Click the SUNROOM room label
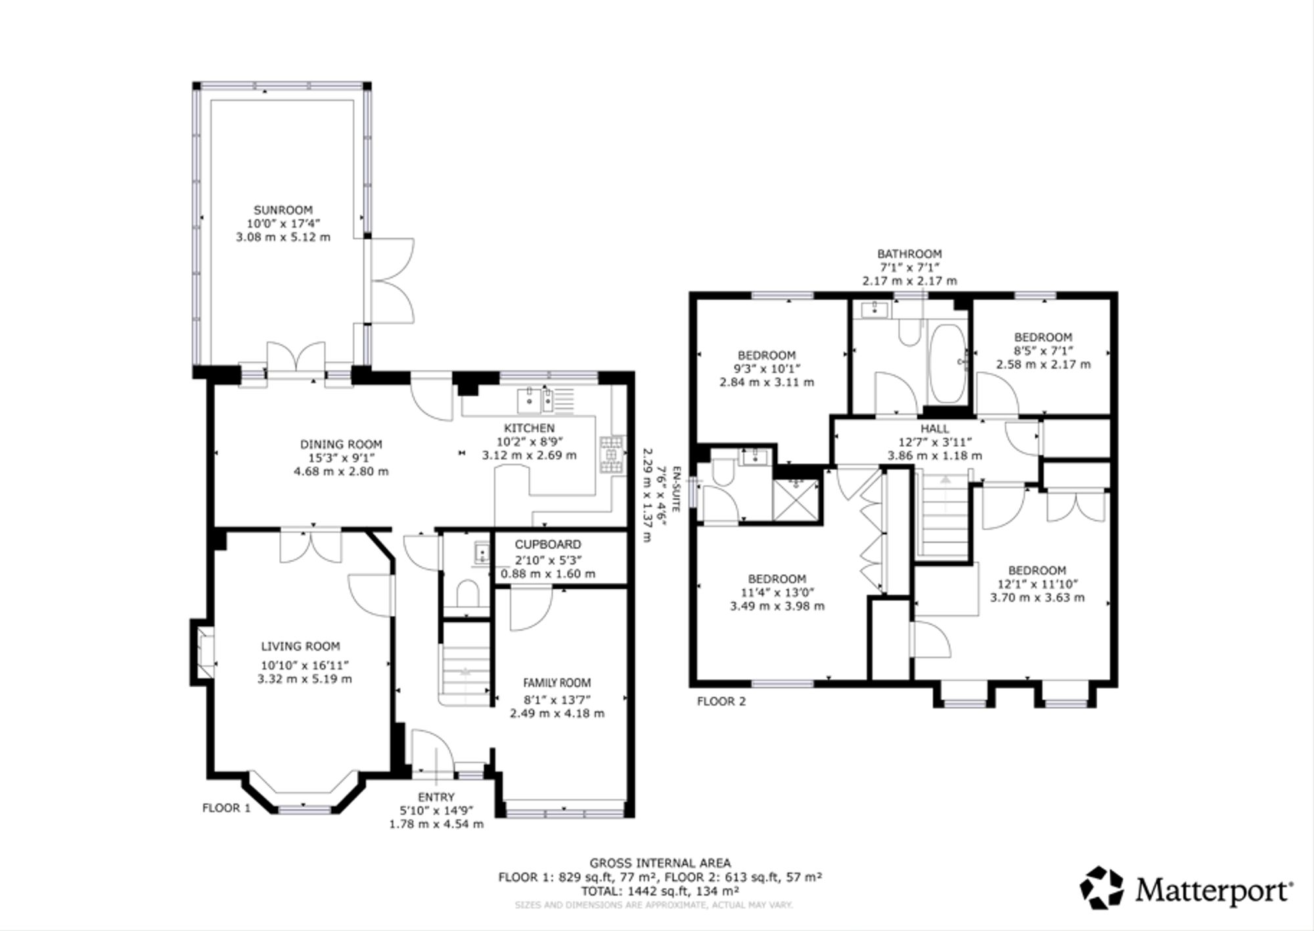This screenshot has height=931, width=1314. tap(283, 210)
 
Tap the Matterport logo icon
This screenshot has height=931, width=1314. tap(1102, 888)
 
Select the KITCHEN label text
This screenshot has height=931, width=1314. tap(529, 428)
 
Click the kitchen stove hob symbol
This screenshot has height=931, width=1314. tap(612, 454)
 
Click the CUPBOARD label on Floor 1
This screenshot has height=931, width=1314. tap(548, 544)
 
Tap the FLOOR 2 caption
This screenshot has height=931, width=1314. tap(721, 701)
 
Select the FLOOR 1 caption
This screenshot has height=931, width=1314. tap(226, 808)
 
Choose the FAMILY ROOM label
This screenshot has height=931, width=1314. tap(556, 683)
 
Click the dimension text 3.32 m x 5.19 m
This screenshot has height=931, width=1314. tap(304, 679)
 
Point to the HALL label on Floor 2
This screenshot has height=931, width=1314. tap(934, 428)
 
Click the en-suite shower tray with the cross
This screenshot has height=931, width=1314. tap(797, 500)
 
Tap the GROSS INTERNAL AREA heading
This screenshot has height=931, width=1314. tap(660, 863)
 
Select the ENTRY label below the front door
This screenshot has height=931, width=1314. tap(436, 797)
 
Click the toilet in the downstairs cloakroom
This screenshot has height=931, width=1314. tap(468, 593)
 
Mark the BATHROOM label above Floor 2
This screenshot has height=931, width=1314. tap(909, 254)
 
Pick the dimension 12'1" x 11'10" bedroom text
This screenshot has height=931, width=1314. tap(1037, 583)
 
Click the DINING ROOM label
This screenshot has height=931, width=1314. tap(341, 444)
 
